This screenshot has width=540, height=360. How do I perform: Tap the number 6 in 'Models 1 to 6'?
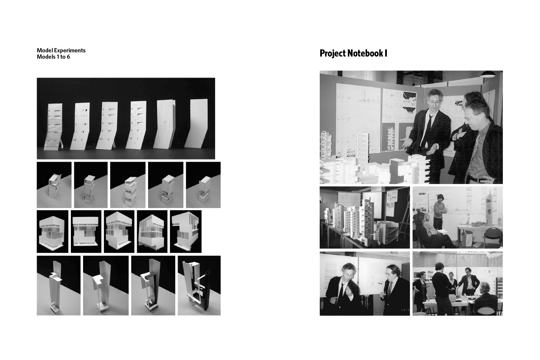pyautogui.click(x=68, y=57)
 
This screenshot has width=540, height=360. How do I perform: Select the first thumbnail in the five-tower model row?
pyautogui.click(x=54, y=185)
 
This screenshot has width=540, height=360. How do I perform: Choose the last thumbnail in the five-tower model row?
pyautogui.click(x=203, y=185)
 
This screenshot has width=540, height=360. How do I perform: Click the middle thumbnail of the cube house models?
pyautogui.click(x=119, y=231)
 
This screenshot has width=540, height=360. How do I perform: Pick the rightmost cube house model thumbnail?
pyautogui.click(x=186, y=231)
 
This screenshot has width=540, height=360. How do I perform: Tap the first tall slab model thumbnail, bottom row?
pyautogui.click(x=59, y=285)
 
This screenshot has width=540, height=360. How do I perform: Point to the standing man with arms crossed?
pyautogui.click(x=440, y=212)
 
